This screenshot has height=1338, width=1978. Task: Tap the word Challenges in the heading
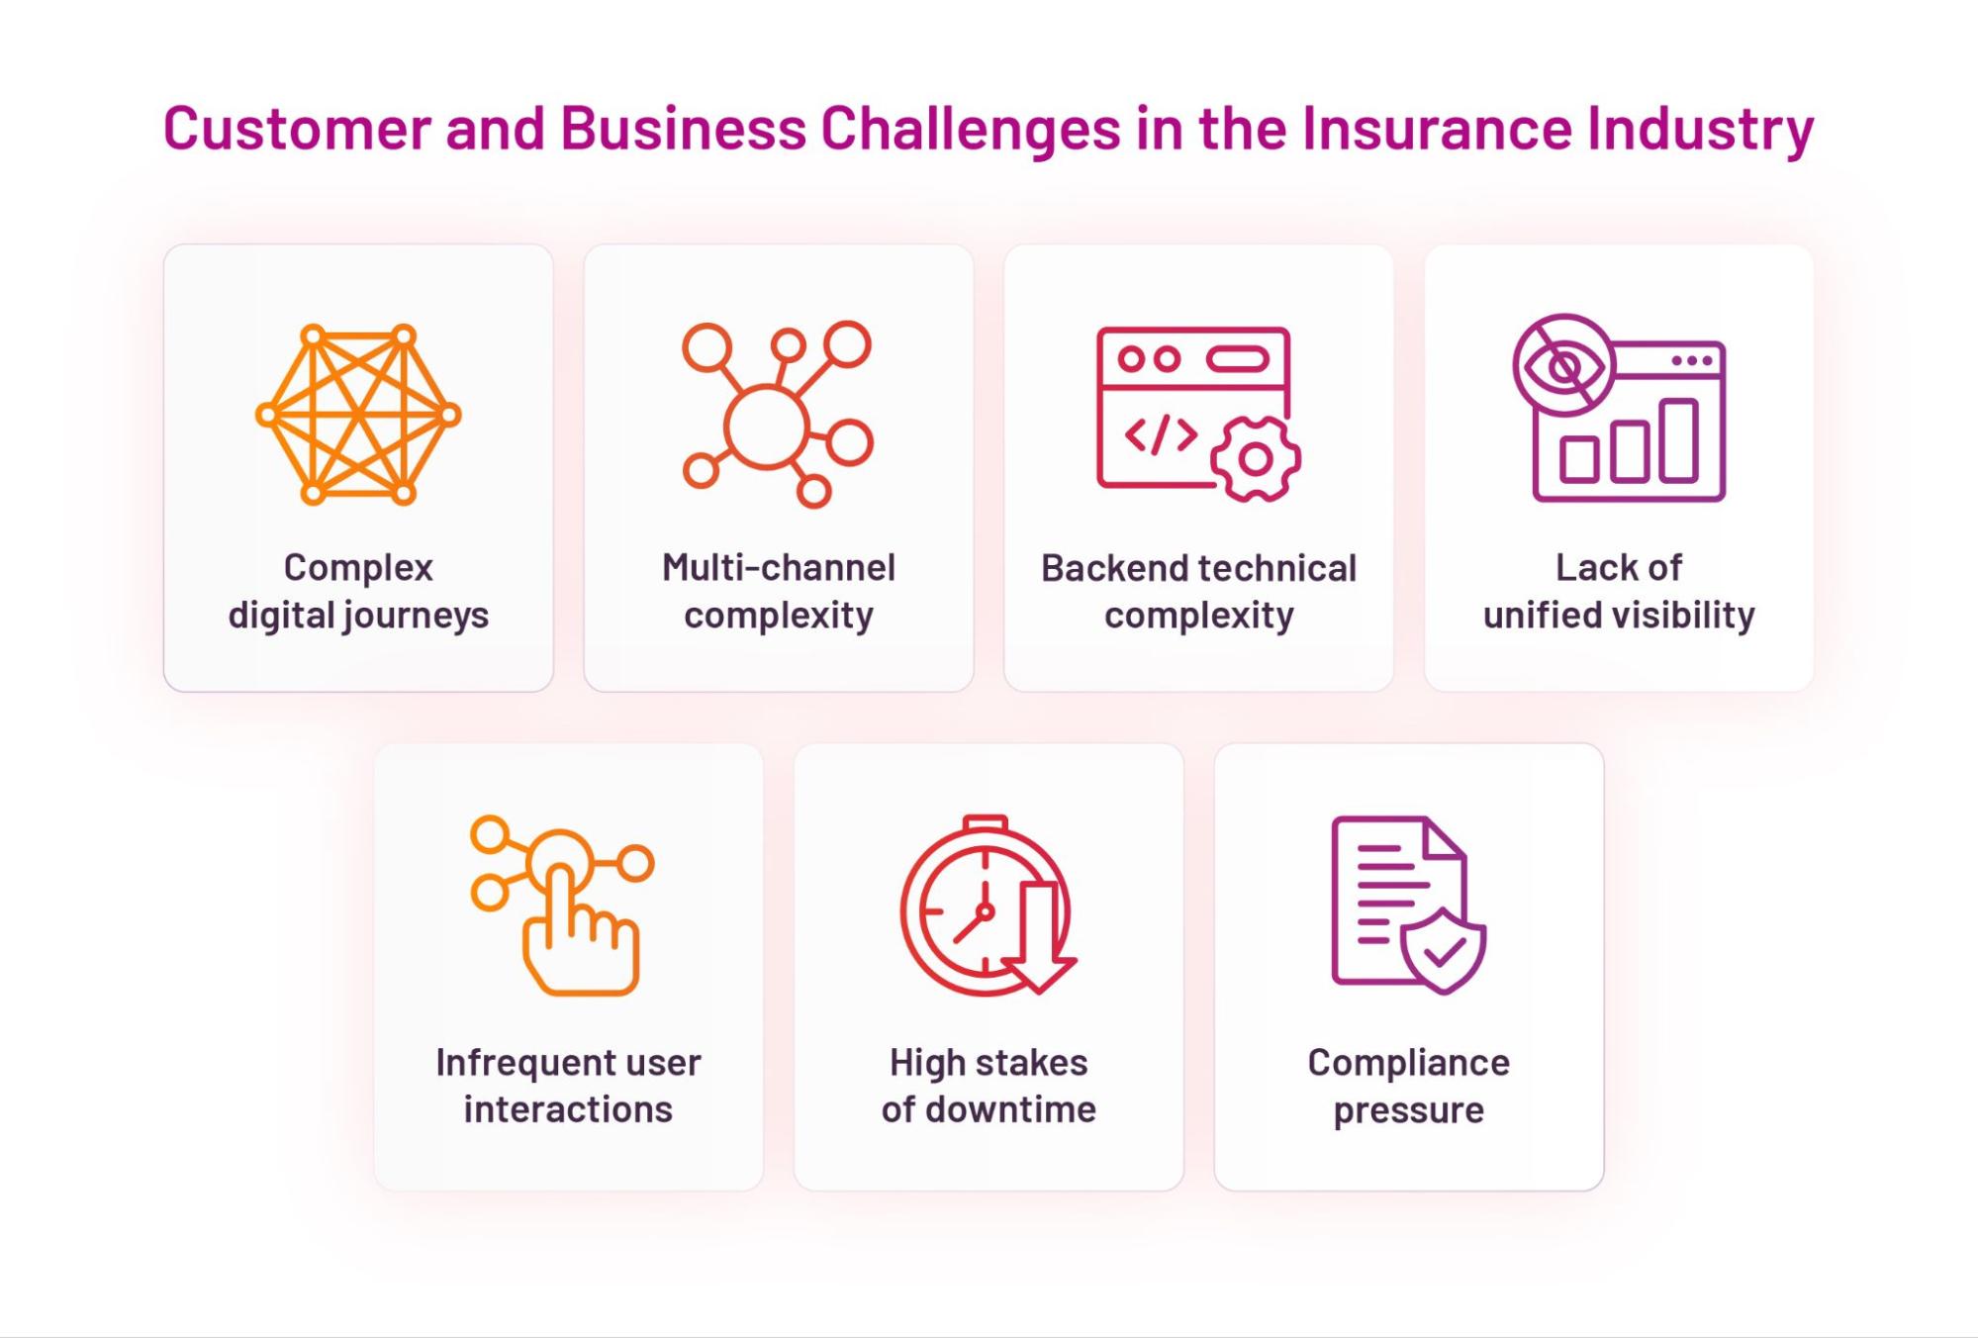click(970, 129)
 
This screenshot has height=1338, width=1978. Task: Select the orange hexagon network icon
click(358, 414)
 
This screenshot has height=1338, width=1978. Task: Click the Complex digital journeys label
click(358, 591)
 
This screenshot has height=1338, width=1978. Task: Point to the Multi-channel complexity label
click(779, 591)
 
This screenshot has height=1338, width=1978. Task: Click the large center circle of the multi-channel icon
click(765, 427)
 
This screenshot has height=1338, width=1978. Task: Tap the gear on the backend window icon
click(1255, 459)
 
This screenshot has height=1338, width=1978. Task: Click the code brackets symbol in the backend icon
click(1161, 434)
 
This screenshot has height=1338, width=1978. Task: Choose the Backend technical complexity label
click(1198, 591)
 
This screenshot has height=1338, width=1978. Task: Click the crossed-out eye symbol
click(1563, 366)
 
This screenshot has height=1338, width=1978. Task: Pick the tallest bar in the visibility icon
click(1678, 440)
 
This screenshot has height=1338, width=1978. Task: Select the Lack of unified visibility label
click(1619, 591)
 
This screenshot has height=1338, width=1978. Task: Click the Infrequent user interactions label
click(568, 1086)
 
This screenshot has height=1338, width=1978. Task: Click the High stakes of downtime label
click(989, 1086)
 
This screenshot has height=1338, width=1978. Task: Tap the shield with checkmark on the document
click(1443, 951)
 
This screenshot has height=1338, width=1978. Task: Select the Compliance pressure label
click(1408, 1086)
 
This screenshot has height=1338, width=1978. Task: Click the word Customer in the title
click(297, 129)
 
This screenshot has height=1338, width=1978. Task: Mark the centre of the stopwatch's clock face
click(984, 911)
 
